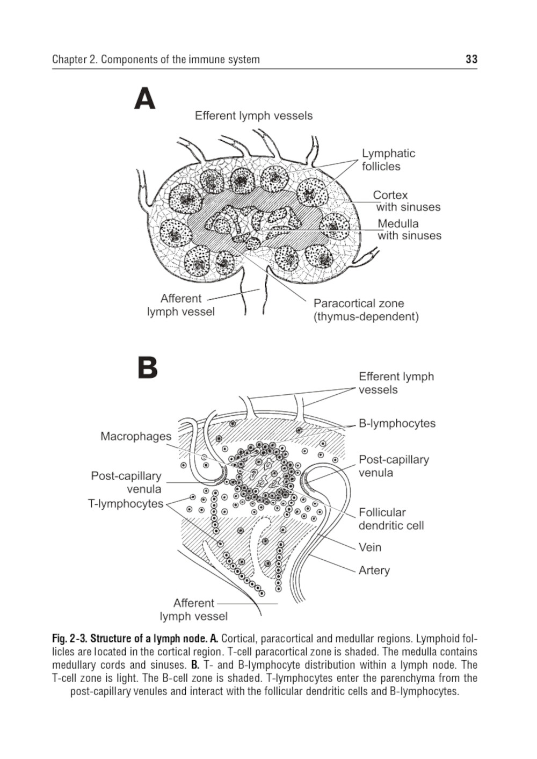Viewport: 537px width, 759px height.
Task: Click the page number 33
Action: tap(471, 59)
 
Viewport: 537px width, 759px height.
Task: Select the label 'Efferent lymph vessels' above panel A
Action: tap(253, 115)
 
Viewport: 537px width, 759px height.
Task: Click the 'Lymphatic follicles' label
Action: tap(388, 160)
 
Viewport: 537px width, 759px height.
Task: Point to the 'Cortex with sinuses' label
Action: tap(407, 201)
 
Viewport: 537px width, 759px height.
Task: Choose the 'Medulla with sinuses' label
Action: tap(409, 229)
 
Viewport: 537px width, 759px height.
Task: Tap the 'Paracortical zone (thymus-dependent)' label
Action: tap(366, 309)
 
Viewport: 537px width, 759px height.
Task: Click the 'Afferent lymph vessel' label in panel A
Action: tap(181, 305)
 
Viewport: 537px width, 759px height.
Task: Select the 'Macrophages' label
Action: tap(136, 436)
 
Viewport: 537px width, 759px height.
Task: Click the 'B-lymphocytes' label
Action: tap(397, 423)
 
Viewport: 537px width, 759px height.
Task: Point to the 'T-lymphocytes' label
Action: tap(126, 503)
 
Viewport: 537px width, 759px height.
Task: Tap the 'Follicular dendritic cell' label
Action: tap(391, 518)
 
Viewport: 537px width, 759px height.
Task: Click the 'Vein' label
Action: tap(370, 547)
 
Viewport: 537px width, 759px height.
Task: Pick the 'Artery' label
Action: tap(374, 570)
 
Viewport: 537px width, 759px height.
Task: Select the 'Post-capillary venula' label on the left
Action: tap(126, 482)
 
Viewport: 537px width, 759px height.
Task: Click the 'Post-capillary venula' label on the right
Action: tap(394, 466)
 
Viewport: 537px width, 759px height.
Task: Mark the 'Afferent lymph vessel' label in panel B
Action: tap(193, 609)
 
